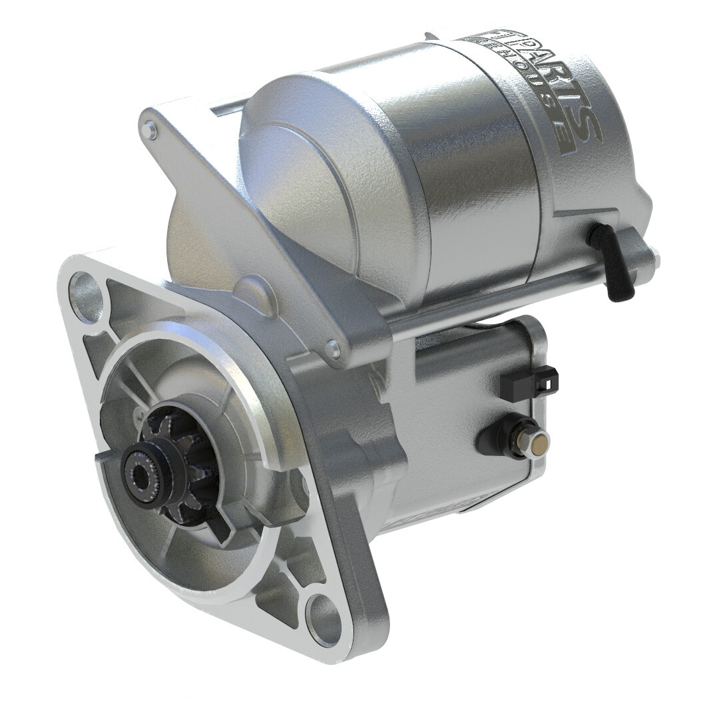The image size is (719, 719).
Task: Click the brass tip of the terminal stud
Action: [543, 441]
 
